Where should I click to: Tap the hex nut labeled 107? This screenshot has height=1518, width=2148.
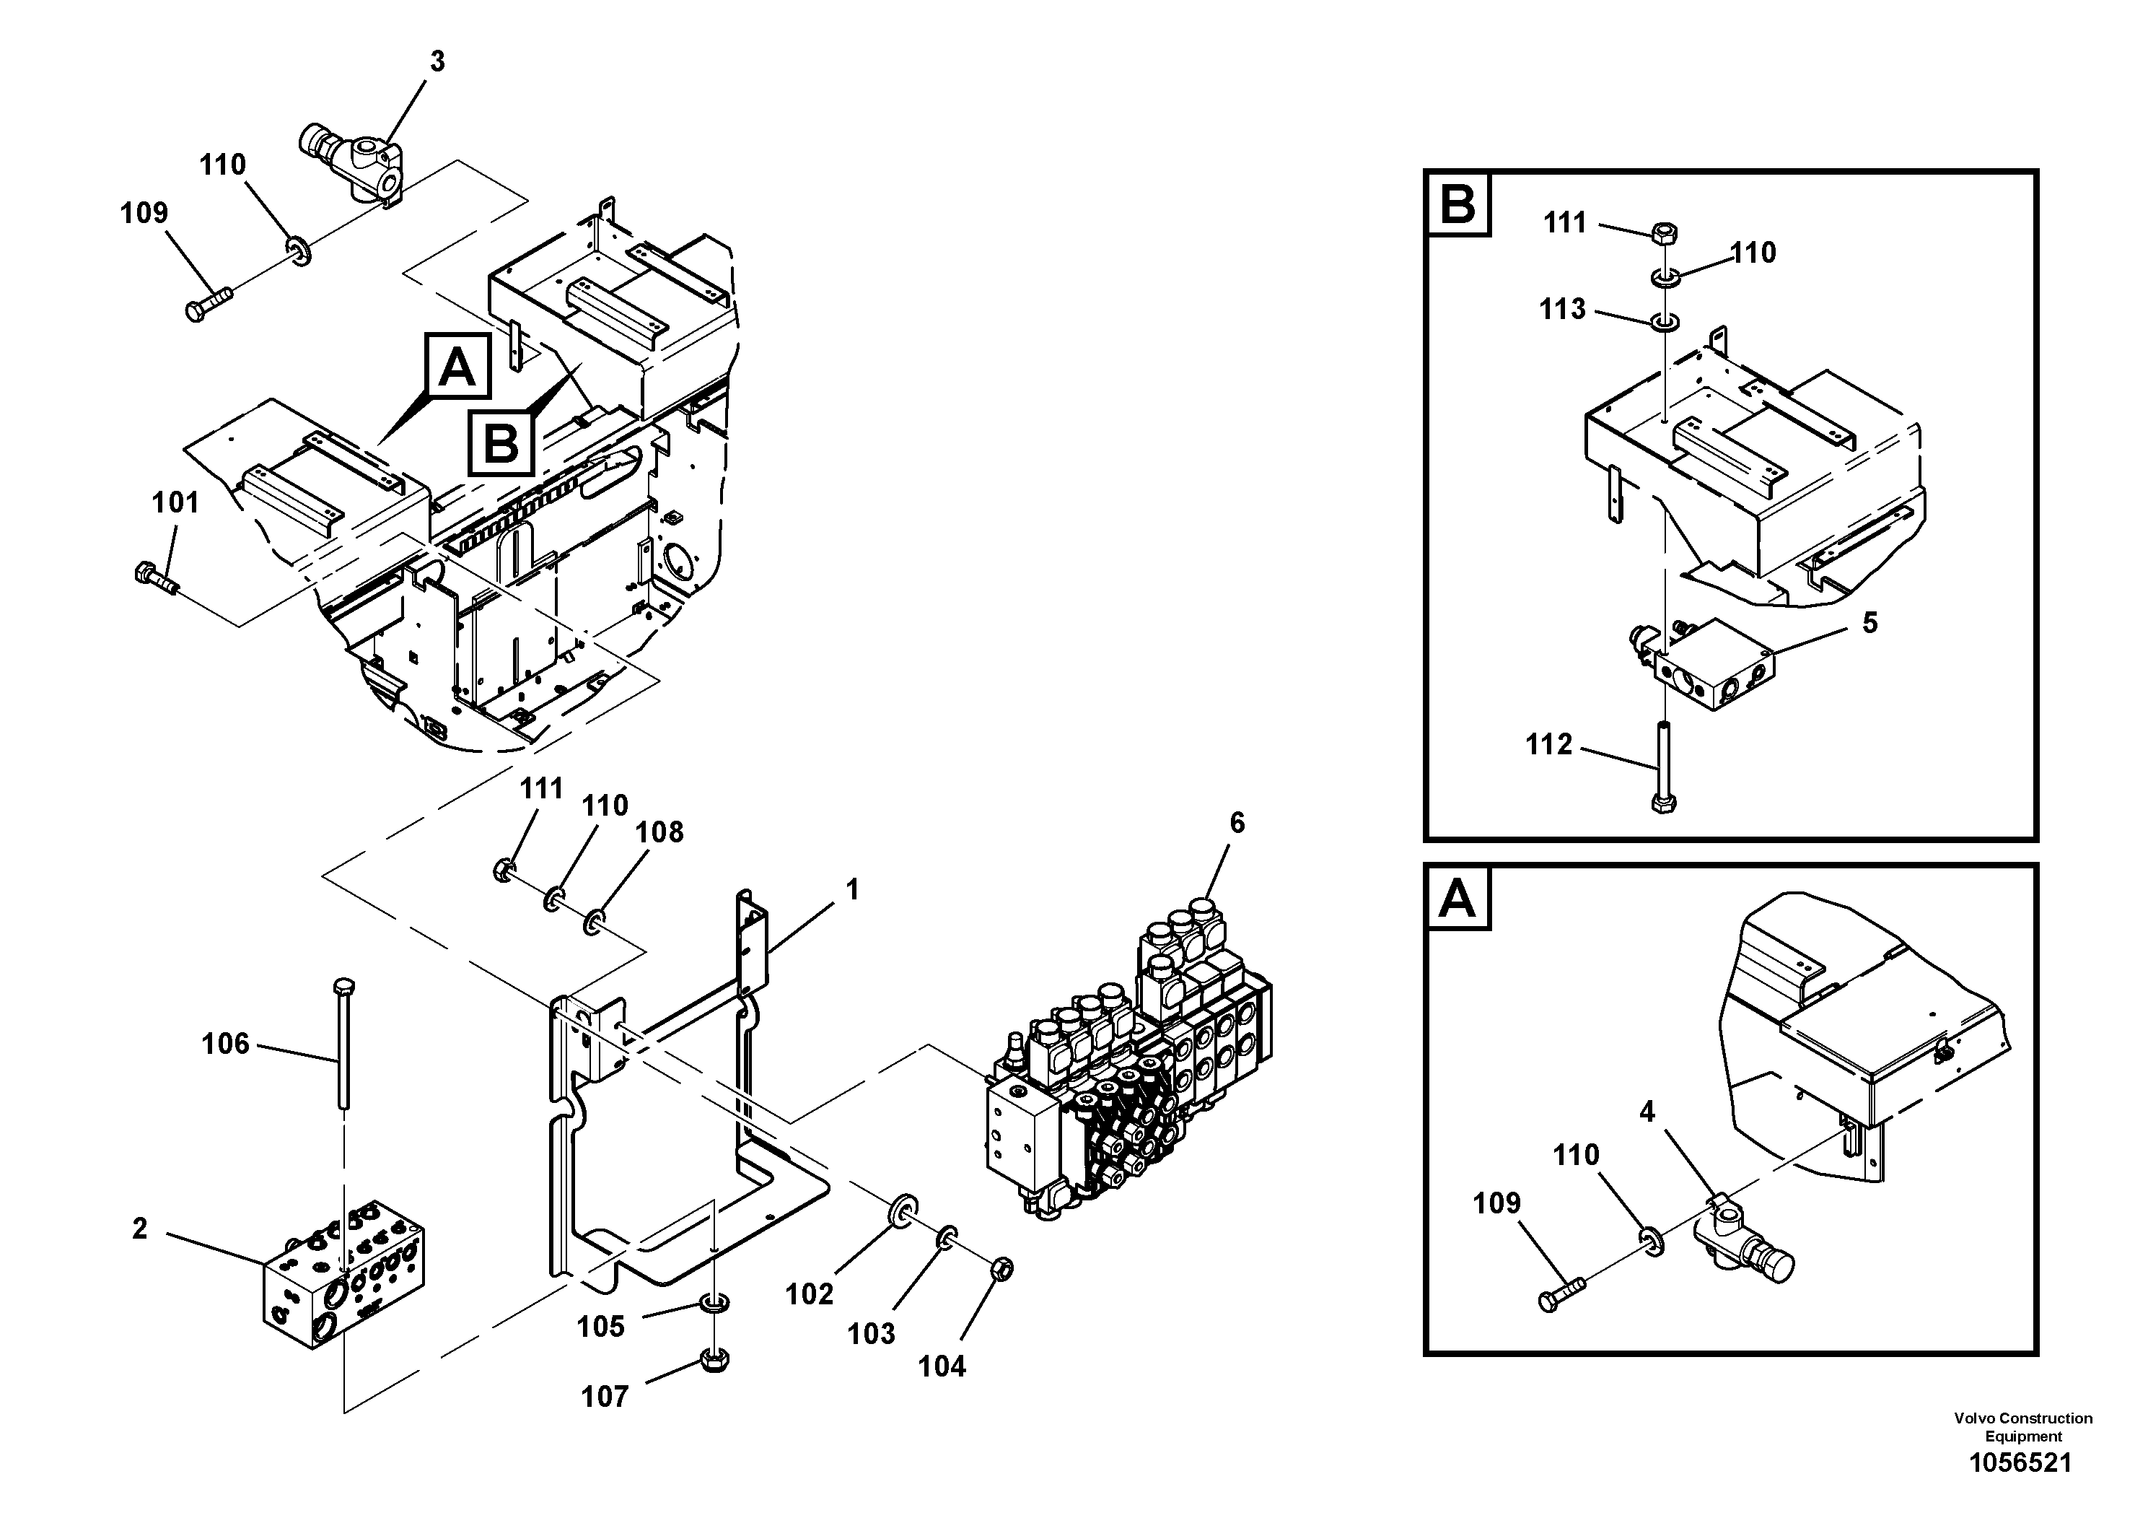click(x=715, y=1359)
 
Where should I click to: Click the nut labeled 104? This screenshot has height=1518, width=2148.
click(x=1000, y=1270)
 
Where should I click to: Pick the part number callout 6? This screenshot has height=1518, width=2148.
click(x=1237, y=823)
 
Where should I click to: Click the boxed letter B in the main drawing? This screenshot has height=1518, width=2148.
click(x=501, y=444)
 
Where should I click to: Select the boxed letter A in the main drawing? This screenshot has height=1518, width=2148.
click(x=457, y=367)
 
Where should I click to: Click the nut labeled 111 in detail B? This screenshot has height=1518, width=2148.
click(x=1665, y=232)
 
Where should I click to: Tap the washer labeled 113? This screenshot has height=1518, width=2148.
click(x=1663, y=322)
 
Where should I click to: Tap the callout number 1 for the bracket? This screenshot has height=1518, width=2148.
click(x=851, y=890)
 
